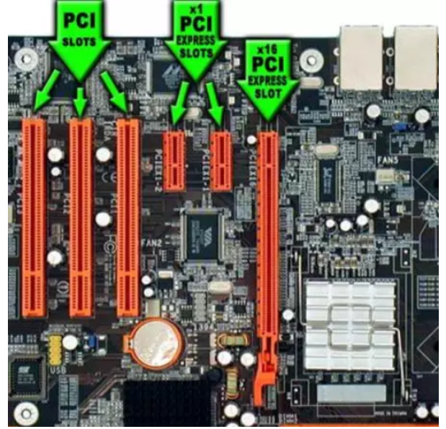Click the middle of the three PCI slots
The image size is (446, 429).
[x=81, y=216]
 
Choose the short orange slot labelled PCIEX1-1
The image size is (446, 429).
[x=222, y=161]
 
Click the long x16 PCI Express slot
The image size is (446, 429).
[x=268, y=238]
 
